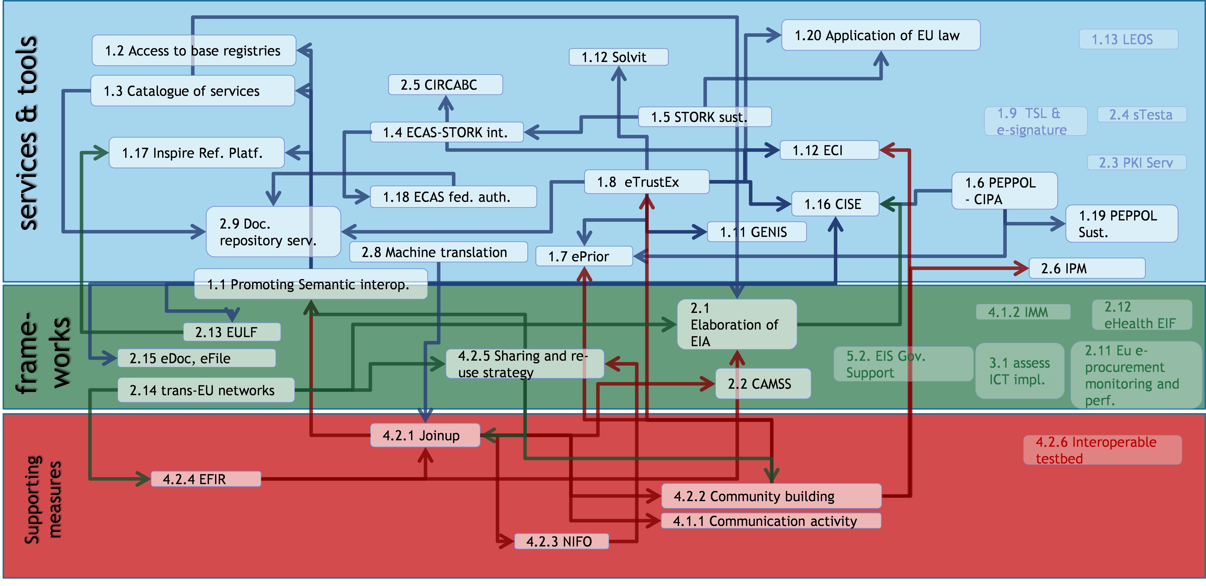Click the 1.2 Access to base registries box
point(193,50)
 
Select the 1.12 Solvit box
point(618,57)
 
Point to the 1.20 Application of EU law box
point(880,35)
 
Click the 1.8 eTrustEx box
point(646,182)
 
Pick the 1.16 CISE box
point(835,204)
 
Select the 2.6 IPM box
point(1086,268)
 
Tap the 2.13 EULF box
point(231,332)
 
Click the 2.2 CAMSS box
point(762,384)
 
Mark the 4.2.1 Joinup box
point(425,435)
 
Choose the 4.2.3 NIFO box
point(561,541)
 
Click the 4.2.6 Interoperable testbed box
point(1102,450)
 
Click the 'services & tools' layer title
point(28,133)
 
